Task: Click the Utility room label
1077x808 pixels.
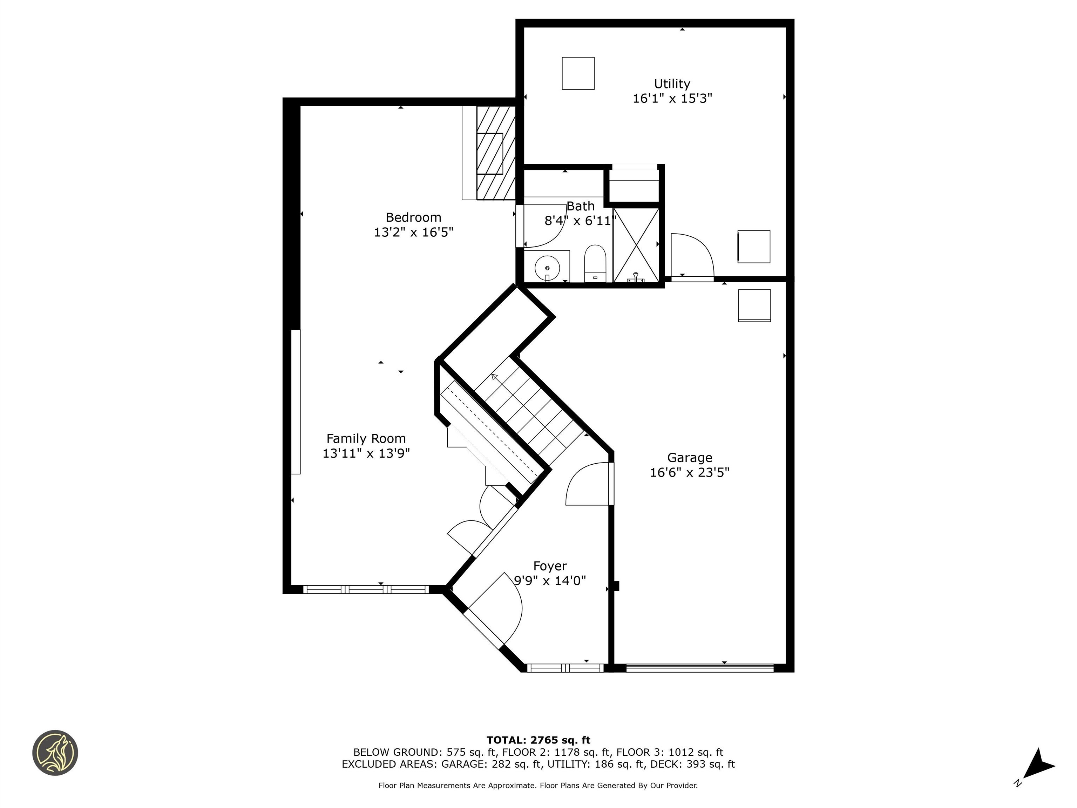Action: (x=672, y=84)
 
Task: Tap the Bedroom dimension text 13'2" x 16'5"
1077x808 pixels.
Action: (x=413, y=232)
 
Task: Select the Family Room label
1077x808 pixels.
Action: (x=366, y=438)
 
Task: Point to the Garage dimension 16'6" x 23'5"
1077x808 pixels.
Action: (x=690, y=472)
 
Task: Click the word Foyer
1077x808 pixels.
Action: (x=550, y=566)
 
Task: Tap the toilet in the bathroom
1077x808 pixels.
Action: (x=595, y=263)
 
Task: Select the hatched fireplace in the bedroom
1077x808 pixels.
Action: (x=495, y=153)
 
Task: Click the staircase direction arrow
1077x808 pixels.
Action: (x=495, y=377)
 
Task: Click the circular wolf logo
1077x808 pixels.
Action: (x=55, y=753)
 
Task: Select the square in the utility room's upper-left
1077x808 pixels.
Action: (x=578, y=74)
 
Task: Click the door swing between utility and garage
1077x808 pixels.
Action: (x=691, y=256)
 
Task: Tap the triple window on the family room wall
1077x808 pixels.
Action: (x=366, y=589)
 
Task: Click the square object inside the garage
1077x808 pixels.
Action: (x=754, y=306)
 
